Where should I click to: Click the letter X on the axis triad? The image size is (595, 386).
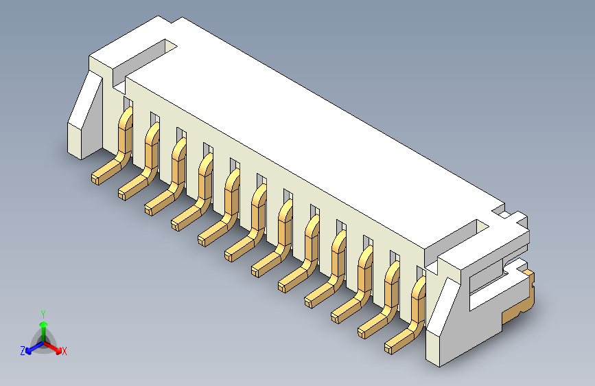[65, 352]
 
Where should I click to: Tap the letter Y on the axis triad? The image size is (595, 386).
[43, 313]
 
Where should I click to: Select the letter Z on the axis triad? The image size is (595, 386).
[23, 350]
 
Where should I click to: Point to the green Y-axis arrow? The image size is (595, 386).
[43, 326]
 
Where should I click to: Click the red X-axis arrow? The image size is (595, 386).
[55, 347]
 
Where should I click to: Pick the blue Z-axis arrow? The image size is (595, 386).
[32, 348]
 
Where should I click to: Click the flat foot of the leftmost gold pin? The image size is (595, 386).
[103, 174]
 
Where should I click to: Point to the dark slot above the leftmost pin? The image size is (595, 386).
[126, 102]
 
